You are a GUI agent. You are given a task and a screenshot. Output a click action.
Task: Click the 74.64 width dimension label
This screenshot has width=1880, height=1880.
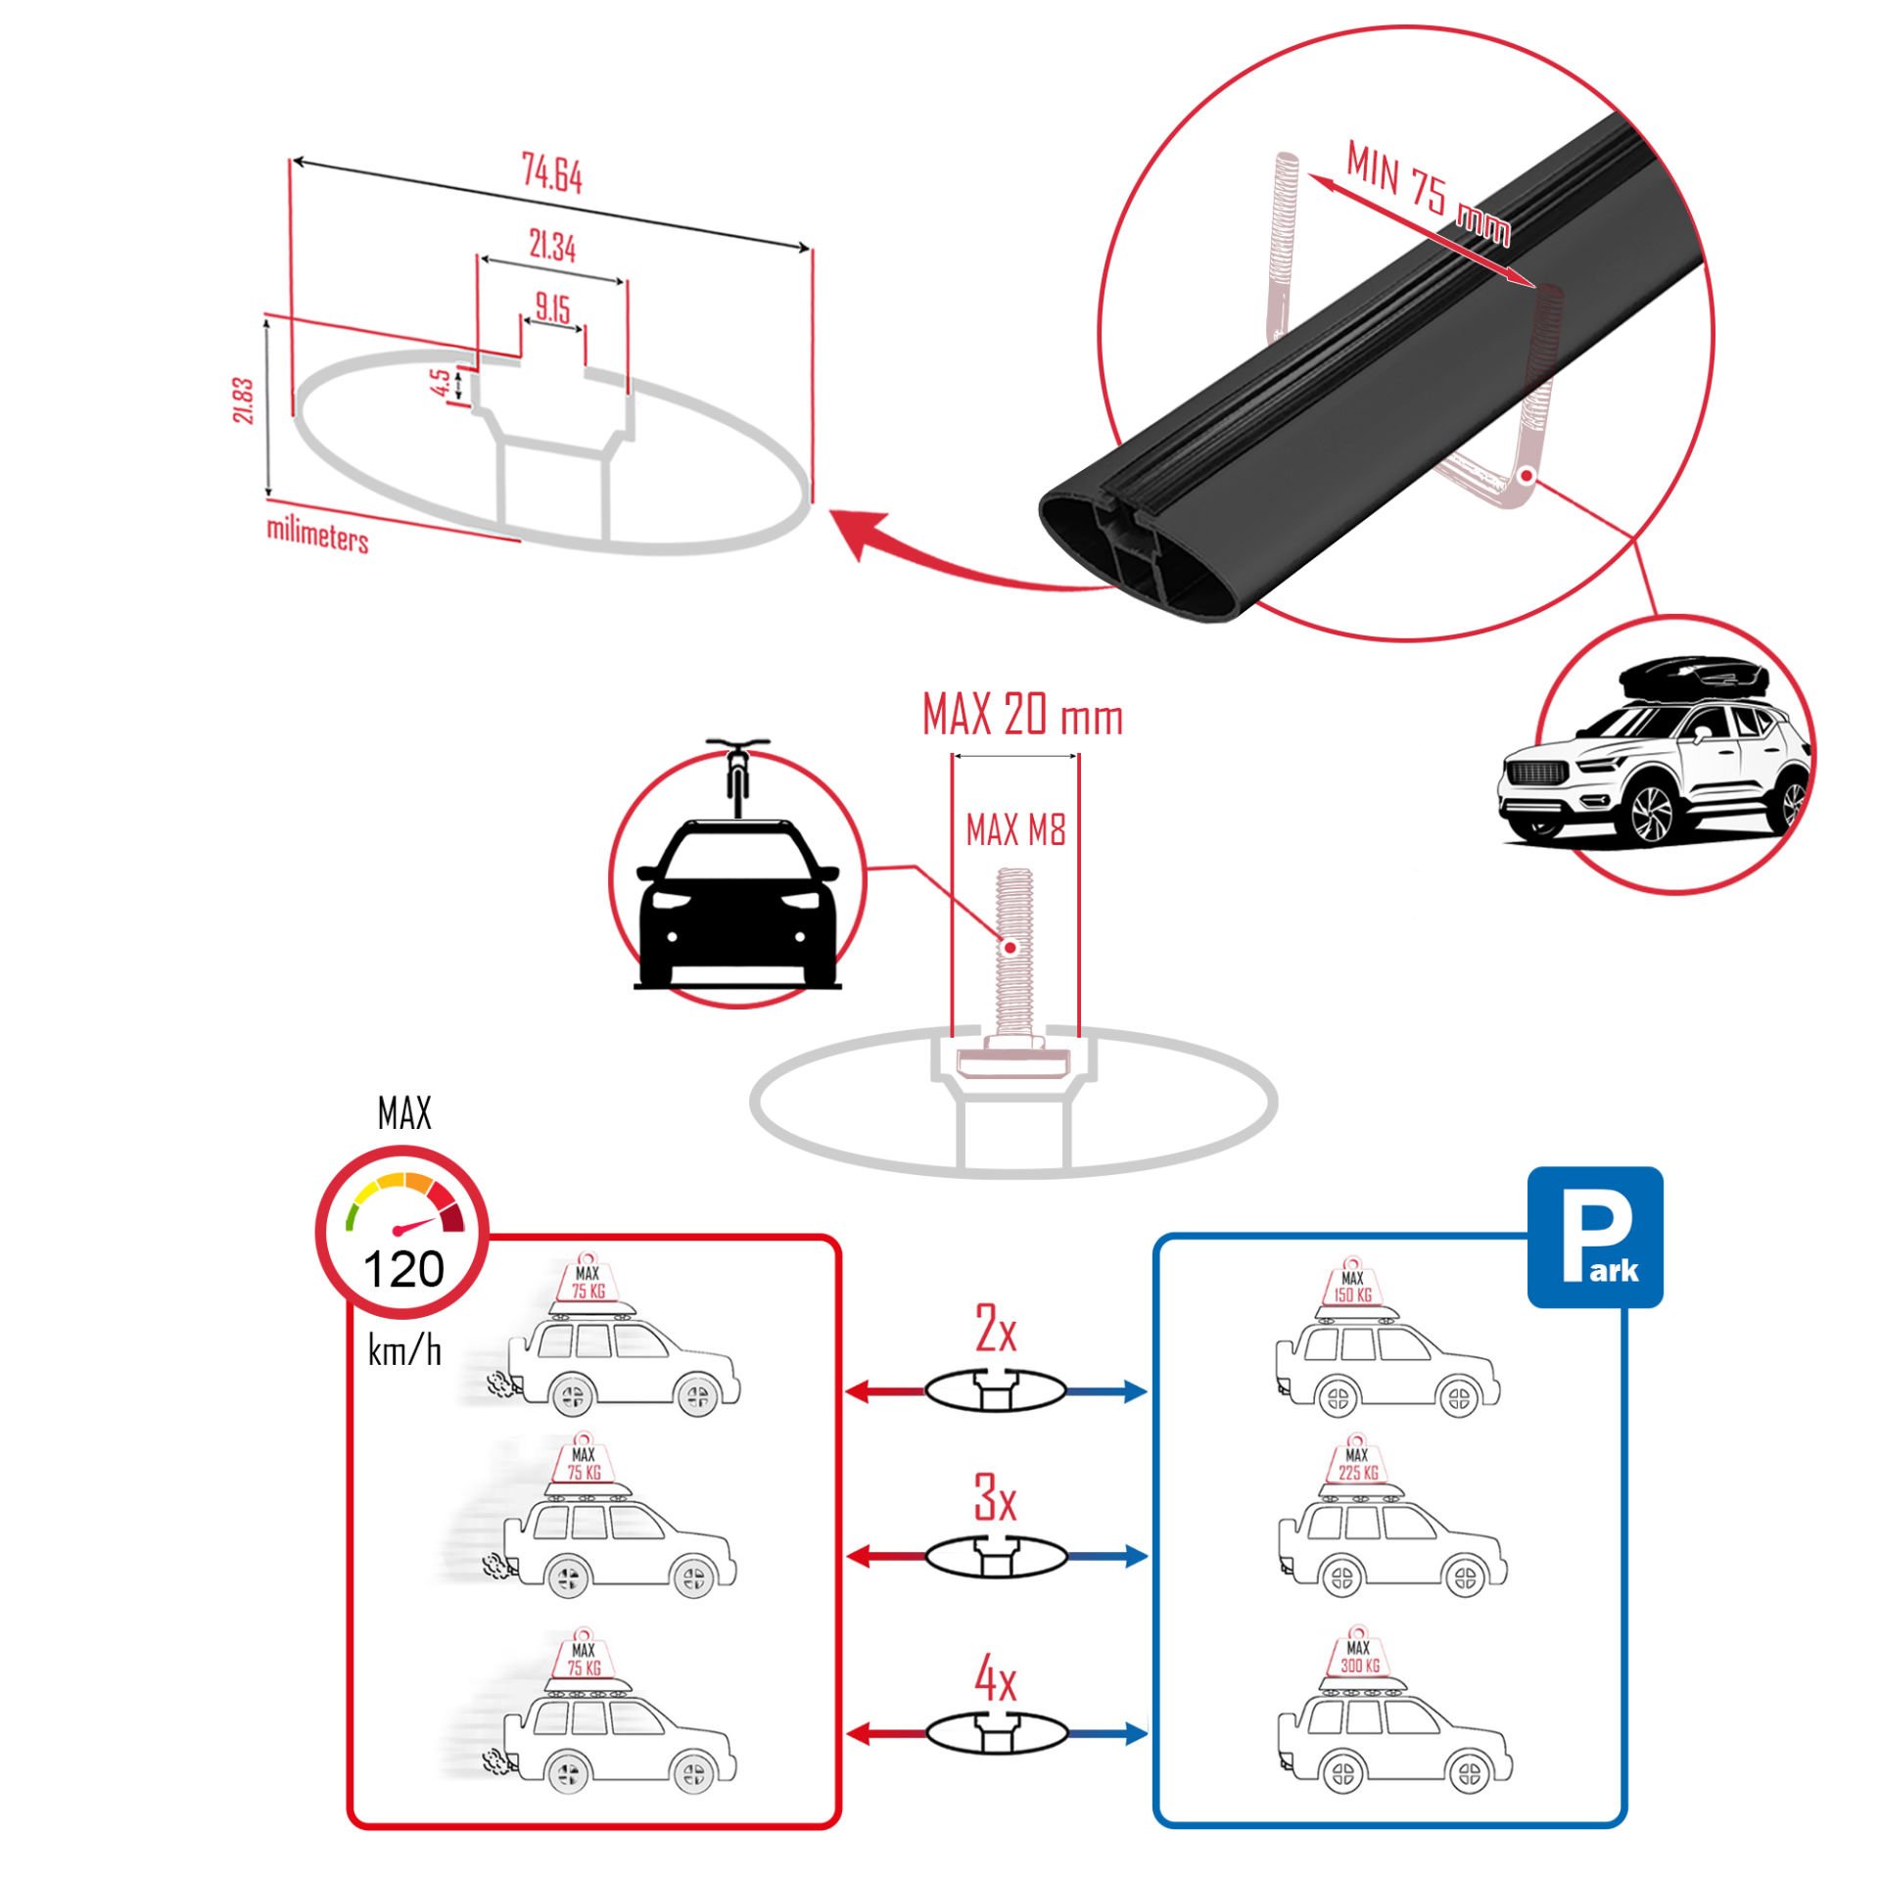[x=551, y=174]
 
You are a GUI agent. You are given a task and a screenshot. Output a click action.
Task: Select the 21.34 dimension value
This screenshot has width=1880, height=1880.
[x=551, y=246]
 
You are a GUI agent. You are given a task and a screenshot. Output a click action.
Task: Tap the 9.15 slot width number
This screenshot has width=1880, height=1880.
[x=552, y=308]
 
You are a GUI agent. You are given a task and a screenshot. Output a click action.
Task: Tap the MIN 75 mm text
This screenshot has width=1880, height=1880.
[x=1428, y=193]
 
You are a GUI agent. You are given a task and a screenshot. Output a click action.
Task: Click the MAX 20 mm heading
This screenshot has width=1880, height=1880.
[x=1022, y=715]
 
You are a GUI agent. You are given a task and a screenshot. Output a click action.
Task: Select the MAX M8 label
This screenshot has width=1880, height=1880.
[x=1015, y=831]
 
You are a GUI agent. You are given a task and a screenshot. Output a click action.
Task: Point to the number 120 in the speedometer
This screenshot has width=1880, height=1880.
[x=403, y=1271]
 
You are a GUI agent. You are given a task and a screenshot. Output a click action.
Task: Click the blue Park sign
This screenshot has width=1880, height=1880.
[x=1595, y=1237]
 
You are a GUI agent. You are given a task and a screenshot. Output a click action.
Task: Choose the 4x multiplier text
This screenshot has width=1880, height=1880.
[x=995, y=1680]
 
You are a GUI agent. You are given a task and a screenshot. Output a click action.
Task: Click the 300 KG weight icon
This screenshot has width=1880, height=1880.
[x=1359, y=1658]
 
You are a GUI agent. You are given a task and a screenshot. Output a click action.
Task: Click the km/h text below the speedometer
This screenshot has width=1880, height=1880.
[x=404, y=1352]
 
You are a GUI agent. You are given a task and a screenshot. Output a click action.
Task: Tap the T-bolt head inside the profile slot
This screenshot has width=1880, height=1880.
[x=1013, y=1060]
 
